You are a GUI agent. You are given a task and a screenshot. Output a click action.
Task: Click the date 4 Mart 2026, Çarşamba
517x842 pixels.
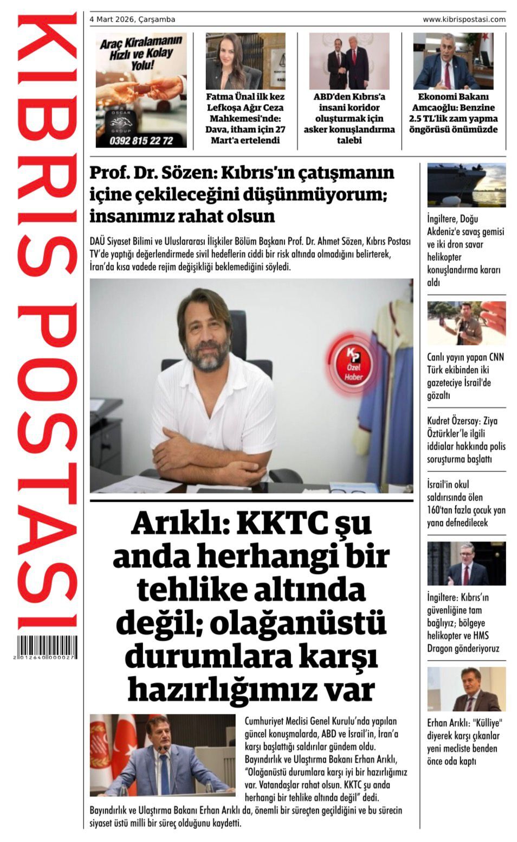[132, 20]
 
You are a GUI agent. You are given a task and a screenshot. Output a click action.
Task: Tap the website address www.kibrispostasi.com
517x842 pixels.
[464, 20]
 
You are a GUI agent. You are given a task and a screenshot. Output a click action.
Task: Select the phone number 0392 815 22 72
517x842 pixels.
[141, 141]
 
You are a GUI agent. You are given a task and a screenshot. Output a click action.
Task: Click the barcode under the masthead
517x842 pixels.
[47, 647]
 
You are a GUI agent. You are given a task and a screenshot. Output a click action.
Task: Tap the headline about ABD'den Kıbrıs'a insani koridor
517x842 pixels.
[349, 118]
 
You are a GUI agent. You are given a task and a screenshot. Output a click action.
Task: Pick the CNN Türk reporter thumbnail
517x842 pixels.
[466, 323]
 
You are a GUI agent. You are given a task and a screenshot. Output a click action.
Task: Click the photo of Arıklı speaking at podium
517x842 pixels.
[163, 755]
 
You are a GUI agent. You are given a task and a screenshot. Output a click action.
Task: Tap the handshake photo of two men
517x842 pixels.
[349, 61]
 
